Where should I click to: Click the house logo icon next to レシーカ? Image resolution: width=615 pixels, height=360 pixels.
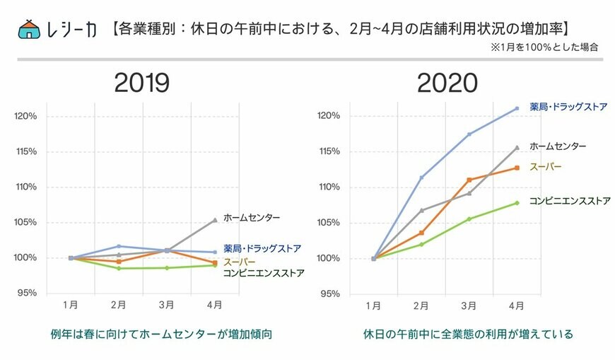[29, 29]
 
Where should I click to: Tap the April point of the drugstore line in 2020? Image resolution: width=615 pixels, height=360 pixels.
[517, 108]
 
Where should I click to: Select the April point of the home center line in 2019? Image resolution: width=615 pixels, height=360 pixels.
[214, 220]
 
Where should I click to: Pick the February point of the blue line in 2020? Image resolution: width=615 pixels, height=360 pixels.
[421, 178]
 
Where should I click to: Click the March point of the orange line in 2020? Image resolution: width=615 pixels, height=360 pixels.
[469, 180]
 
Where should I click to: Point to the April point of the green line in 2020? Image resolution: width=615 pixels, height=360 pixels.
[517, 203]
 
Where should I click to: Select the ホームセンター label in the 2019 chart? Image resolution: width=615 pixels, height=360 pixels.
[252, 218]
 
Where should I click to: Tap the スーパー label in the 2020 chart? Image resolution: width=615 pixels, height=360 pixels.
[545, 166]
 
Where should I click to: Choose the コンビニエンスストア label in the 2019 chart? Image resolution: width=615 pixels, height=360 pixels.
[264, 272]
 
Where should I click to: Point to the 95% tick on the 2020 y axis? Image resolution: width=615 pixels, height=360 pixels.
[332, 293]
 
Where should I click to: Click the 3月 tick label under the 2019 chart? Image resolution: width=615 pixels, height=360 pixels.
[166, 305]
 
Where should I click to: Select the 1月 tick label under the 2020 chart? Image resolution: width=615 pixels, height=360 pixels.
[373, 305]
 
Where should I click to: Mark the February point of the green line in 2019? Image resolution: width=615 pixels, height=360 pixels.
[119, 268]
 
